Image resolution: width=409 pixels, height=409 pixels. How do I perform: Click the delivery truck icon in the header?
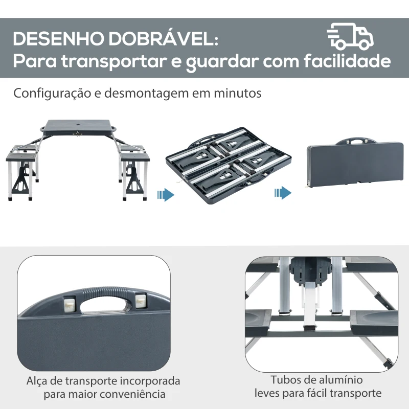click(350, 36)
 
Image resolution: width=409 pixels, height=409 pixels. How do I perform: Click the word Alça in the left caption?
click(37, 381)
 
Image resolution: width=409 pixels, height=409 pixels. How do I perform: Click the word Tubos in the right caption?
click(284, 380)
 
